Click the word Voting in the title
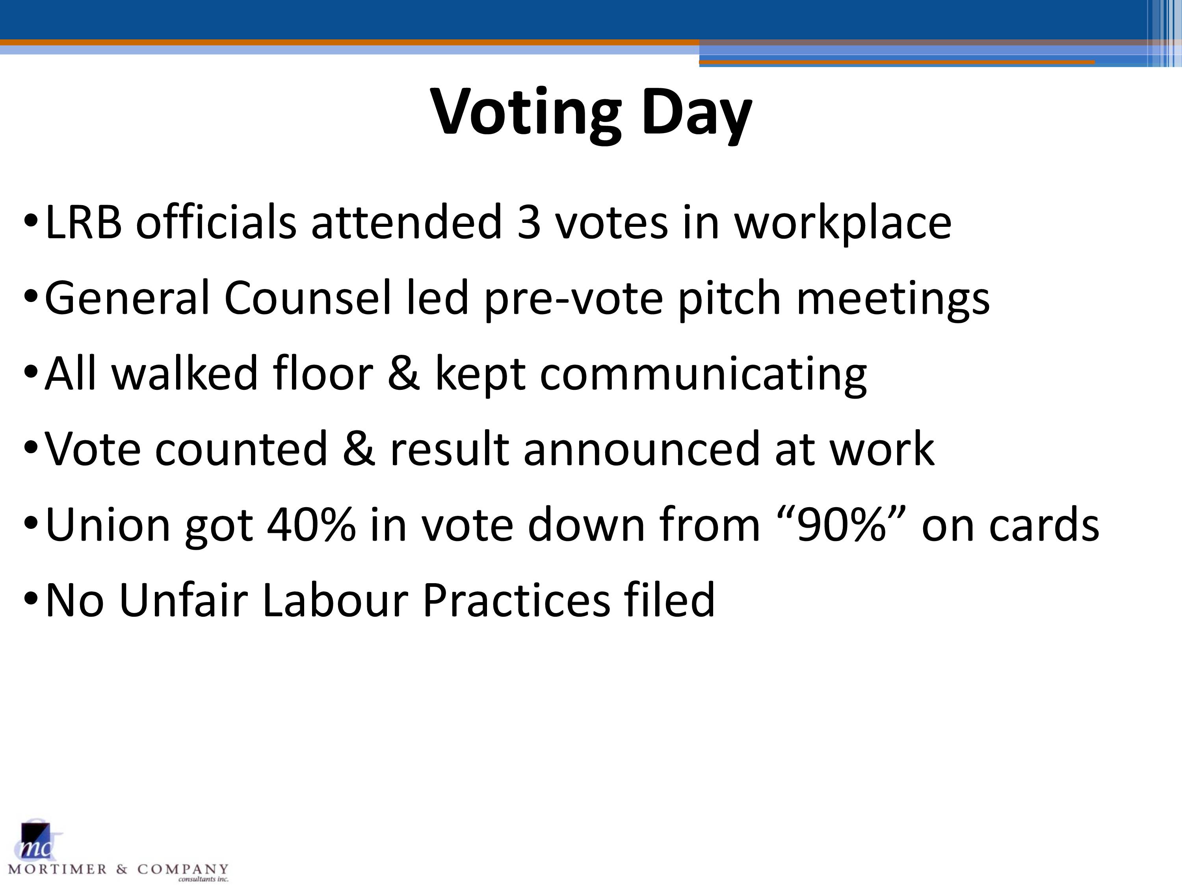coord(526,114)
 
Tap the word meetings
coord(893,299)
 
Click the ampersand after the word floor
coord(403,373)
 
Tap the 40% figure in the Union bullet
coord(311,525)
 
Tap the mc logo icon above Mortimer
coord(36,842)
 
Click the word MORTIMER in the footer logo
coord(58,869)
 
